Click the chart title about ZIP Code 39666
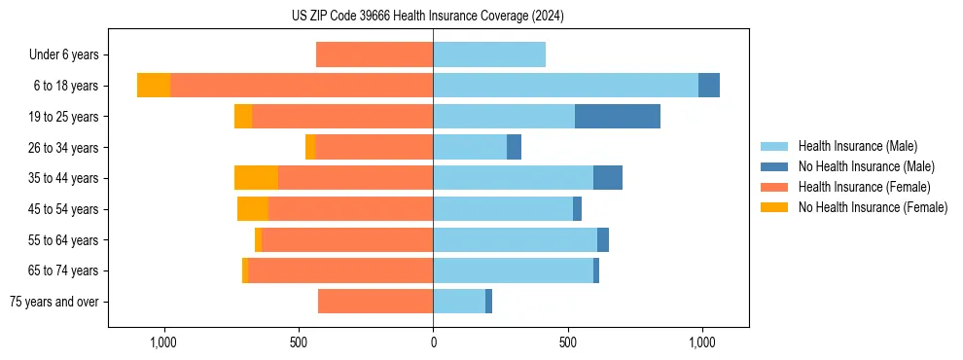(x=427, y=16)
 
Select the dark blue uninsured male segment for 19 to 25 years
(x=618, y=116)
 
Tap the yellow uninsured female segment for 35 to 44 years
(x=256, y=177)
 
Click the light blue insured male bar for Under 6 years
(x=489, y=54)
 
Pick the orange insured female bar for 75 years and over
(x=375, y=302)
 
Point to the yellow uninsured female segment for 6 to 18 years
(x=154, y=86)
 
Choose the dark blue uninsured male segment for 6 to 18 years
(x=709, y=86)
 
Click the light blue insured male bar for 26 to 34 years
(x=470, y=147)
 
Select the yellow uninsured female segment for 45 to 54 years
(x=253, y=208)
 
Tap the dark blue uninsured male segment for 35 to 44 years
(x=608, y=177)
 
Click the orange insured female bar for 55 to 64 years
(x=347, y=239)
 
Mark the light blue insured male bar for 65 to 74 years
(x=513, y=270)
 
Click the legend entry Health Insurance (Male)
(x=857, y=146)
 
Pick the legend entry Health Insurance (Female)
(x=864, y=187)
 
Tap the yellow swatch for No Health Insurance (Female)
(x=775, y=207)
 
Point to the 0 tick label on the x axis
(x=433, y=342)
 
